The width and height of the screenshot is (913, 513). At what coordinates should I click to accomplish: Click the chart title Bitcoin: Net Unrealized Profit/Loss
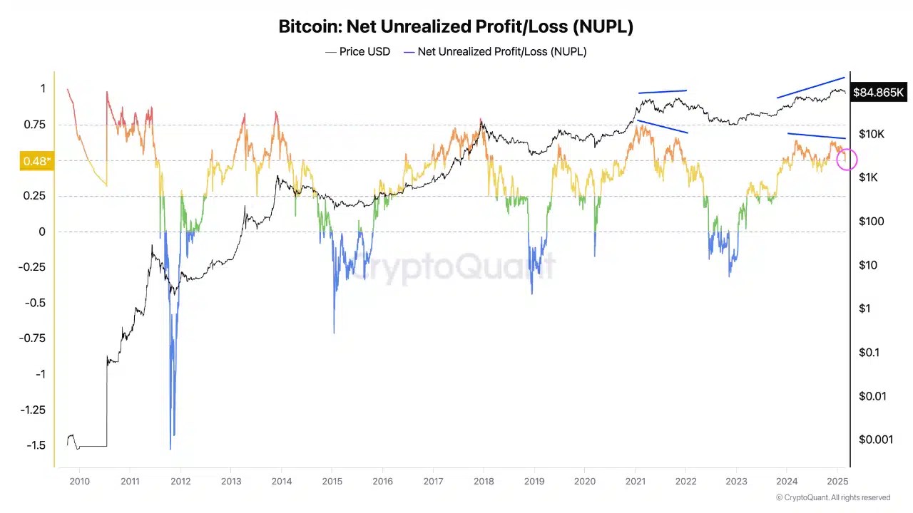pos(455,27)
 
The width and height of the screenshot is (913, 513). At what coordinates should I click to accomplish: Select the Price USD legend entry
pos(358,51)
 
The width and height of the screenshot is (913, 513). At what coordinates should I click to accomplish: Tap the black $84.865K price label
pos(878,93)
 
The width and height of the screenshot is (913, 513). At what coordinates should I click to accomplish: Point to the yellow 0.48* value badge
pos(36,161)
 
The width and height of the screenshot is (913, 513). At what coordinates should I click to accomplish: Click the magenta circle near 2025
pos(847,160)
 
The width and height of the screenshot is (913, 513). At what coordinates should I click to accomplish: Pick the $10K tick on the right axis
pos(871,134)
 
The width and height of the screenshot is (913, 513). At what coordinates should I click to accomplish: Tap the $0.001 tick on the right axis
pos(875,440)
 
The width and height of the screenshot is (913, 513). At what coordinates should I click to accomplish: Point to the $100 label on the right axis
pos(871,222)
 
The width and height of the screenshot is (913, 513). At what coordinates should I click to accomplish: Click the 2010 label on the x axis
pos(79,481)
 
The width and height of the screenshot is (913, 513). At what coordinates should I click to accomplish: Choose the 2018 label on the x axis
pos(484,481)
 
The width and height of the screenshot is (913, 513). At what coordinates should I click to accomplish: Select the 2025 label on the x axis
pos(837,481)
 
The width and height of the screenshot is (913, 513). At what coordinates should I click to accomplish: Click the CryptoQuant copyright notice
pos(832,498)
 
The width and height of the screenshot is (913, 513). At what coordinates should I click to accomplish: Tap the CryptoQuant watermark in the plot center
pos(456,267)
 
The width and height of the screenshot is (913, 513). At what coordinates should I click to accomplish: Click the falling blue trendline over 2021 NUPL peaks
pos(663,127)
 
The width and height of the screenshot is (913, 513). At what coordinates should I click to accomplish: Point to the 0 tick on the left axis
pos(42,232)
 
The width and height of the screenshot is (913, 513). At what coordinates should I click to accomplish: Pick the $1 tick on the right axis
pos(865,309)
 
